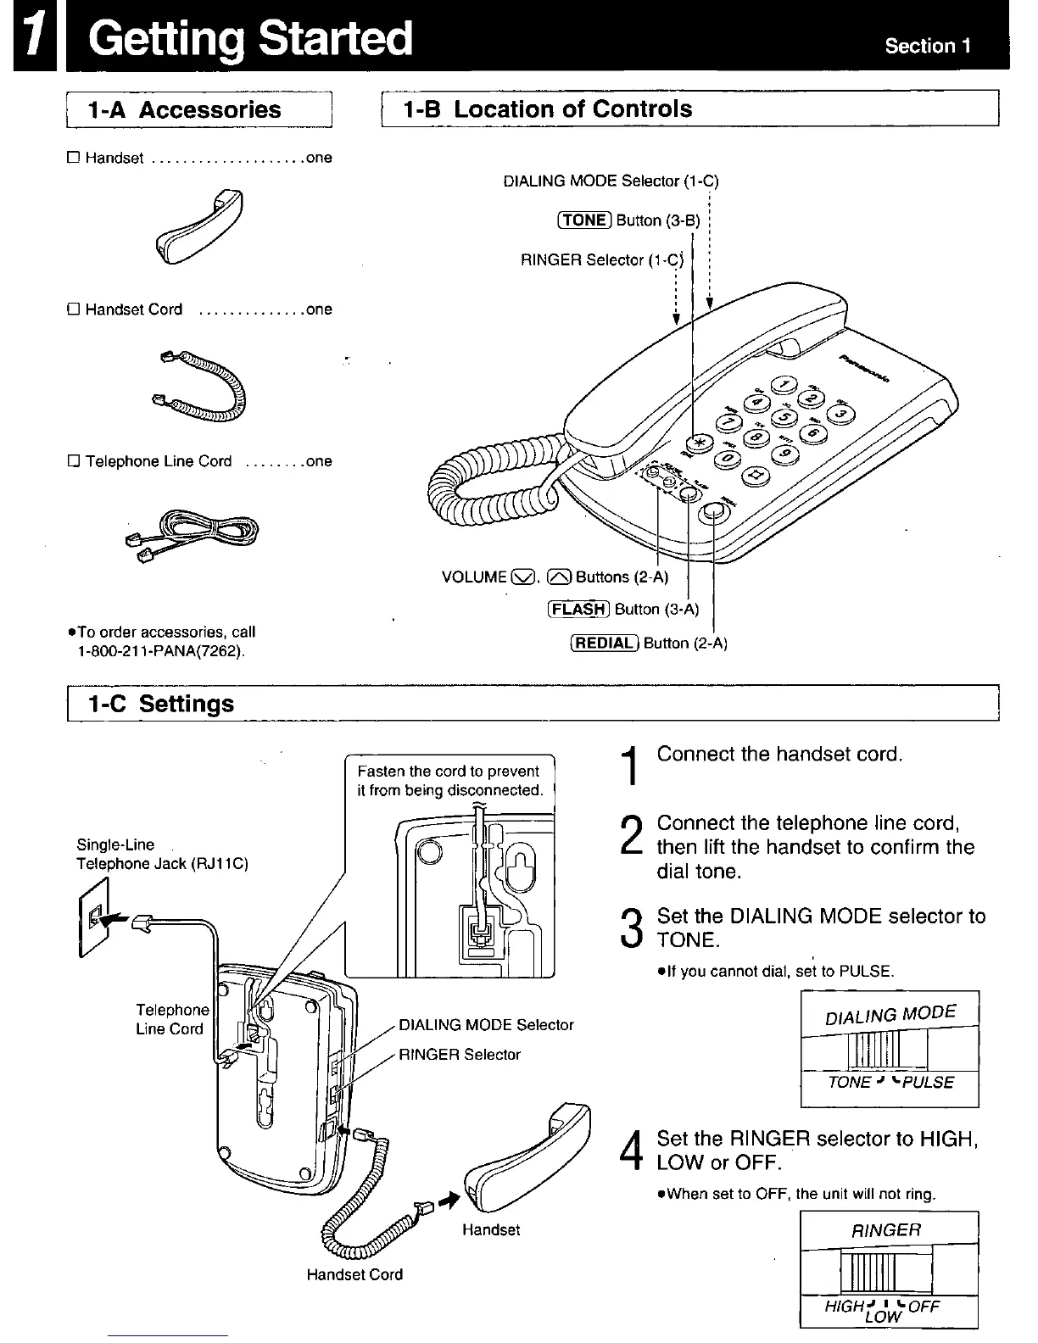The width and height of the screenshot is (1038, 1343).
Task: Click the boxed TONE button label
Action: pyautogui.click(x=584, y=220)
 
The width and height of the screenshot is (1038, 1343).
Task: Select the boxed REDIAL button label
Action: pyautogui.click(x=605, y=643)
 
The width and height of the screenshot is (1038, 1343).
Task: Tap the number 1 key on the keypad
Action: pyautogui.click(x=782, y=385)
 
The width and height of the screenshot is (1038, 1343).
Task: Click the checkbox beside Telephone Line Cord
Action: pyautogui.click(x=73, y=461)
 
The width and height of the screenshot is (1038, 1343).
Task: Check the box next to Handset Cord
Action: pyautogui.click(x=73, y=309)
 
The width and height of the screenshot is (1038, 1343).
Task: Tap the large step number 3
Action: pyautogui.click(x=629, y=928)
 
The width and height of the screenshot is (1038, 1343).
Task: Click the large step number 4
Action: pyautogui.click(x=629, y=1151)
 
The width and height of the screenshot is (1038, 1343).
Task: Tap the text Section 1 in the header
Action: pyautogui.click(x=928, y=46)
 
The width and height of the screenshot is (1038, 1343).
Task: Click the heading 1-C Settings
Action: pyautogui.click(x=161, y=704)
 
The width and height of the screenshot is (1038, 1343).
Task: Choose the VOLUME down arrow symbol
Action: pyautogui.click(x=524, y=578)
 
